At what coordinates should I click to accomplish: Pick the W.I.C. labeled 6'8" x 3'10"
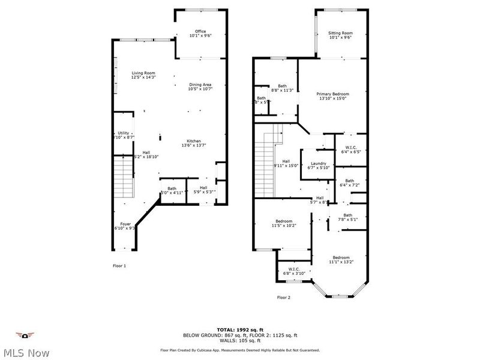click(294, 271)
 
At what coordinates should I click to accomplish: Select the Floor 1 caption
click(120, 265)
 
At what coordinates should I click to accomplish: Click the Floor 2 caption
click(283, 297)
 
